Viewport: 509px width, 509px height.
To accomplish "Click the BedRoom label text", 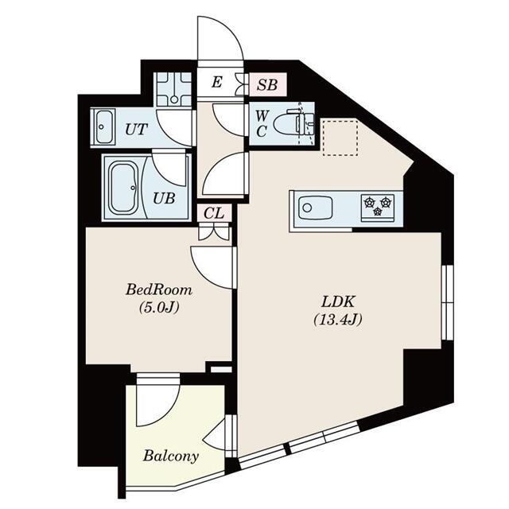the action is (159, 289).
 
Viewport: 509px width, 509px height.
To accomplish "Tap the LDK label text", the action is (338, 302).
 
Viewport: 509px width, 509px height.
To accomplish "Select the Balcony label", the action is (171, 457).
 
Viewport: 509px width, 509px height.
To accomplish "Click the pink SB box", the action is (268, 84).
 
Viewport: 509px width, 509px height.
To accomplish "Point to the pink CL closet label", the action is (214, 214).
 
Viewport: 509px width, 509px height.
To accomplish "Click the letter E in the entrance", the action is (217, 82).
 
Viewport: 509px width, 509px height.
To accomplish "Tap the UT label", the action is (136, 130).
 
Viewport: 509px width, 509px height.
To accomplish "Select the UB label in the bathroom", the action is (165, 198).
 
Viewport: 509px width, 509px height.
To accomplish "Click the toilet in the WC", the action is (293, 124).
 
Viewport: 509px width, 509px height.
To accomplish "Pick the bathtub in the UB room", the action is (124, 188).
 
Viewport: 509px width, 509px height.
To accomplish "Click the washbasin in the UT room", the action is (103, 126).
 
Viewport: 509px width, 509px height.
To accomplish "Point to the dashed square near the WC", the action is (340, 138).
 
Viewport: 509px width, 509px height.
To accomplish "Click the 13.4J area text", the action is (338, 320).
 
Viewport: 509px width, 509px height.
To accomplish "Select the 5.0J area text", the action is (159, 307).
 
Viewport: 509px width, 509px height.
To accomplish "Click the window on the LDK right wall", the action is (447, 302).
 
